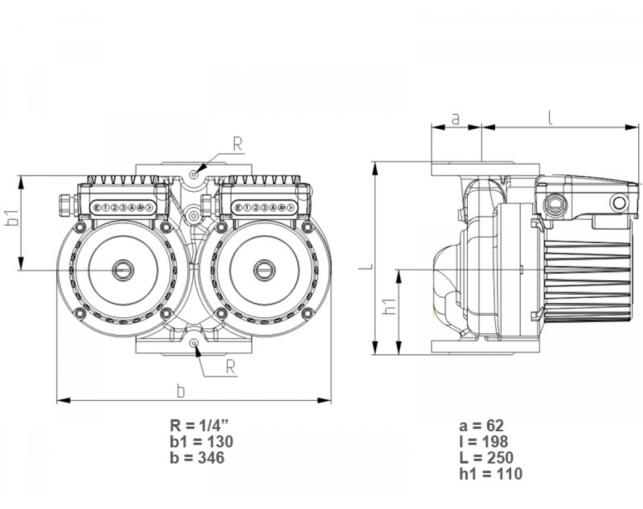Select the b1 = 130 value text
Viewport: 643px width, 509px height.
201,442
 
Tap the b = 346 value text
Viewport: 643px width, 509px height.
197,458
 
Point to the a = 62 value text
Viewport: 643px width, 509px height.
482,426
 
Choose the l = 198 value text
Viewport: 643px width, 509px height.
484,442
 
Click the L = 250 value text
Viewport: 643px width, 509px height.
486,458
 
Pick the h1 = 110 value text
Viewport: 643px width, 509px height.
490,474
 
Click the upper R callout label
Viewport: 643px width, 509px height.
238,144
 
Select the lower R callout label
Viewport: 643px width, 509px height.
230,366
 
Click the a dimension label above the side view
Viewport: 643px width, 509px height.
456,118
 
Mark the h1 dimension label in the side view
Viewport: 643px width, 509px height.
391,306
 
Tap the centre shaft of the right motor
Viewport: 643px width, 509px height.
263,270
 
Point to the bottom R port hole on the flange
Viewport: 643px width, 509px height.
195,343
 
